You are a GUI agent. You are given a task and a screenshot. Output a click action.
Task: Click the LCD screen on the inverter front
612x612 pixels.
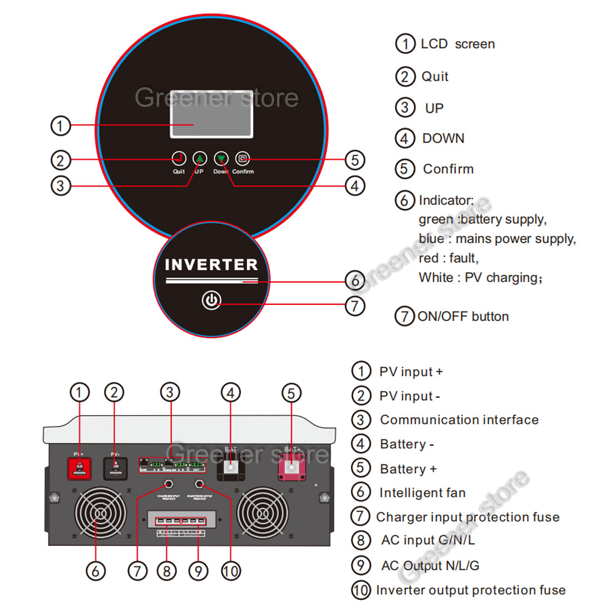(x=211, y=113)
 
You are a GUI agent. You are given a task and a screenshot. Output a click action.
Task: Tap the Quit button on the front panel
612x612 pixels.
(x=179, y=159)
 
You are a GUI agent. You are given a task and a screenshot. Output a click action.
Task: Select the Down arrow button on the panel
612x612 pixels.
(x=221, y=159)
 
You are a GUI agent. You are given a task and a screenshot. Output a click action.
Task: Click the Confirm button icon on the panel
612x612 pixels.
(x=243, y=159)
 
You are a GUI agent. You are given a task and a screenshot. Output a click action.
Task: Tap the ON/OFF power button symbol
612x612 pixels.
(x=211, y=300)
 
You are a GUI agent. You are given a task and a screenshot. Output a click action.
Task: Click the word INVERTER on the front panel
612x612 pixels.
(x=211, y=265)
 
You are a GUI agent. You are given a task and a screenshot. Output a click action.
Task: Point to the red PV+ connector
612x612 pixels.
(x=80, y=467)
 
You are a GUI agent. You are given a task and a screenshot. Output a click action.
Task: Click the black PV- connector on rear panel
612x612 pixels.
(x=115, y=467)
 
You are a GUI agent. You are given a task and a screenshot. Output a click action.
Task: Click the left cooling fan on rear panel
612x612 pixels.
(x=100, y=513)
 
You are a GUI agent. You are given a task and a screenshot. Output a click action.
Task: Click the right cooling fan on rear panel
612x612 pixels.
(x=263, y=513)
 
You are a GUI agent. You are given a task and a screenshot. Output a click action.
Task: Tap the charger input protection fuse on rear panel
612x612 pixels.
(x=167, y=484)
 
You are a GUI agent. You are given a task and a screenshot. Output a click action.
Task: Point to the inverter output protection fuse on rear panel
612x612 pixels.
(x=199, y=484)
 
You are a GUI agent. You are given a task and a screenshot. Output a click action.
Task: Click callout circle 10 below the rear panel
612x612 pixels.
(x=231, y=571)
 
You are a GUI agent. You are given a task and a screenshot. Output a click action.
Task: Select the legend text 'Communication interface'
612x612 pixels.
(x=459, y=420)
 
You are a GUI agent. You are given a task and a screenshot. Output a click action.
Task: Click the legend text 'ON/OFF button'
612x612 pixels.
(x=463, y=317)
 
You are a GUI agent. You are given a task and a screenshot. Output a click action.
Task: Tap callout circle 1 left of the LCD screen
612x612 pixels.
(x=61, y=125)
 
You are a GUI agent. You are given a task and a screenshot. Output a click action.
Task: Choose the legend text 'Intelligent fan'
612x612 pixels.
(x=422, y=493)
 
